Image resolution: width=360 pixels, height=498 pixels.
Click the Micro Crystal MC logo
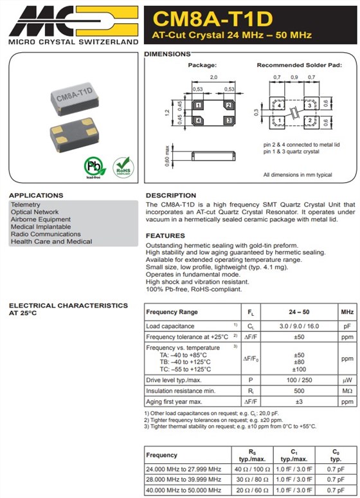[x=73, y=20]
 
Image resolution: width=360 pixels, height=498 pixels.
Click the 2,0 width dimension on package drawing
[x=213, y=77]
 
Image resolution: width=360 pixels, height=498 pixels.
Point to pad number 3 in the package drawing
[x=228, y=120]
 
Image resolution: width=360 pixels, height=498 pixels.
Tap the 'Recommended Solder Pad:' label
[x=299, y=65]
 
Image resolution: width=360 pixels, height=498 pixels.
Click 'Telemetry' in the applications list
[x=25, y=205]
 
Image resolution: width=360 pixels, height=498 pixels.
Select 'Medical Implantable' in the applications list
[x=41, y=226]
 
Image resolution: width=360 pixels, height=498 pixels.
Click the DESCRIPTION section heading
[x=171, y=195]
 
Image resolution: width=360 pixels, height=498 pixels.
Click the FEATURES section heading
[x=165, y=235]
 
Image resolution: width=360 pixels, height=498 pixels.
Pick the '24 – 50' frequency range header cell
[x=298, y=312]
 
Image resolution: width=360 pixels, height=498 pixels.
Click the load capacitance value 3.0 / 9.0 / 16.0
[x=298, y=326]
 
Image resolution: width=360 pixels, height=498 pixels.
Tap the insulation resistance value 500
[x=298, y=391]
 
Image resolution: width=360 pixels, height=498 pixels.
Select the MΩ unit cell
[x=347, y=391]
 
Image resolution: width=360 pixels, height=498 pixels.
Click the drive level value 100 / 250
[x=298, y=380]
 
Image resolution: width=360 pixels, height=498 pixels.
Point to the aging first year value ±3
[x=298, y=401]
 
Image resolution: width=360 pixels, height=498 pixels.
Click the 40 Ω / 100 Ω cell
[x=250, y=468]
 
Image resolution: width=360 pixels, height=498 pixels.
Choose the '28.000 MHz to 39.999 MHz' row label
[x=184, y=480]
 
